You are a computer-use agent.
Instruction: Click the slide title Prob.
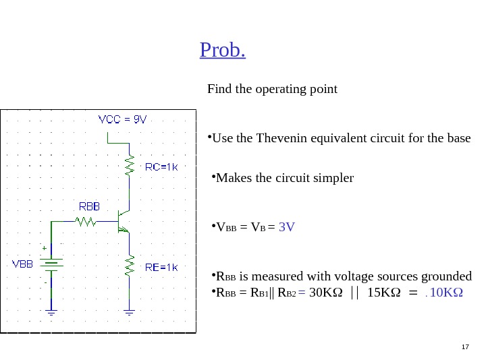point(222,51)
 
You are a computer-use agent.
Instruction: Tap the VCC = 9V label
point(122,119)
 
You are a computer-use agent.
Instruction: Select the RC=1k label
point(161,166)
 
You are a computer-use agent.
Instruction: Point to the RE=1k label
point(161,267)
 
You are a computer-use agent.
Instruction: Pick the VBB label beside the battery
point(22,264)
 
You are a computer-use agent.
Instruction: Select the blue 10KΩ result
point(445,293)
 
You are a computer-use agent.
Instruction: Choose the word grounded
point(447,276)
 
